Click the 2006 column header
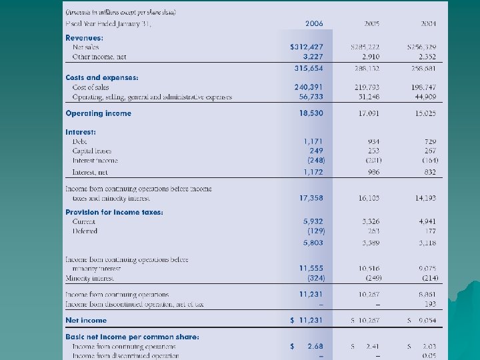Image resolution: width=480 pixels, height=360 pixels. (314, 23)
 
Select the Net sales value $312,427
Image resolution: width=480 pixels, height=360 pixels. (307, 47)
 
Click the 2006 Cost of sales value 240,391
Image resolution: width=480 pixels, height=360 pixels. (309, 87)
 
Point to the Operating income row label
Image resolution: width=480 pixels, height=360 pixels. (98, 113)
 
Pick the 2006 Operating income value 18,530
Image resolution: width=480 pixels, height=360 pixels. (311, 113)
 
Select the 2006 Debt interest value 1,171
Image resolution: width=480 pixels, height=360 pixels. (313, 141)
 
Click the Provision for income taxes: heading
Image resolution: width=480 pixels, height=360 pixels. (114, 212)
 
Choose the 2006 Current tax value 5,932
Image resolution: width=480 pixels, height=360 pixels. (313, 221)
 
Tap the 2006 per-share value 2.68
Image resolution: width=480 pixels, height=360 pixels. (315, 347)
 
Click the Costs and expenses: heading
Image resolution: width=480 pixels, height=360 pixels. (102, 78)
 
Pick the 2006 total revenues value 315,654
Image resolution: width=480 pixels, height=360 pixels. (309, 67)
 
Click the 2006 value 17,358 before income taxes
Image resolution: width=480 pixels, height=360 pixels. (311, 198)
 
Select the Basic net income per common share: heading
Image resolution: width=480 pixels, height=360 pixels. (132, 337)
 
